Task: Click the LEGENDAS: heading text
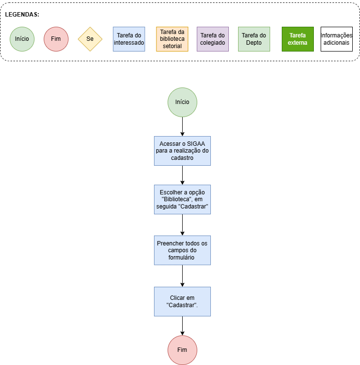[22, 15]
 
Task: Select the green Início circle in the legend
[22, 39]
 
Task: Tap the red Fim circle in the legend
[56, 39]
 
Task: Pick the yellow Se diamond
[90, 39]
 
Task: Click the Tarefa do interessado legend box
[129, 39]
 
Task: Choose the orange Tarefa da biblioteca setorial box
[172, 39]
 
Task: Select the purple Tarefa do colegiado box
[213, 39]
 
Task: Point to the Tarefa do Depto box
[254, 39]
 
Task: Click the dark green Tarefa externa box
[298, 39]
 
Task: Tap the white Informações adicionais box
[337, 39]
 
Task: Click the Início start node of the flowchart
[183, 102]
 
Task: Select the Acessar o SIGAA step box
[183, 151]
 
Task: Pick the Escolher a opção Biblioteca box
[183, 199]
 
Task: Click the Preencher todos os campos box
[183, 250]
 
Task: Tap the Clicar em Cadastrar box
[183, 301]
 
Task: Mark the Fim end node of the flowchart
[183, 350]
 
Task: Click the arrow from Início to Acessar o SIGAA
[183, 126]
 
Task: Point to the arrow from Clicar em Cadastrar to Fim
[183, 326]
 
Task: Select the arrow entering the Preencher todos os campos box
[183, 225]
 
